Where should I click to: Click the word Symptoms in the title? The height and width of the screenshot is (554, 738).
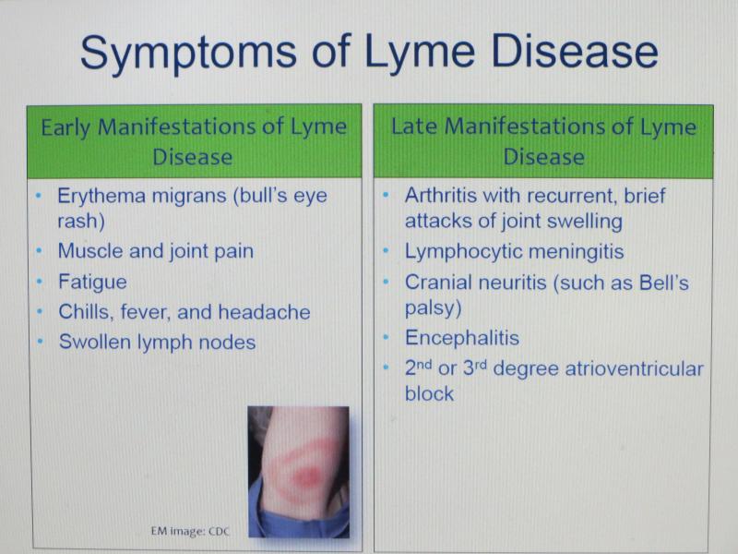coord(189,53)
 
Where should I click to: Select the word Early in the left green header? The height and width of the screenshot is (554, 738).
coord(65,128)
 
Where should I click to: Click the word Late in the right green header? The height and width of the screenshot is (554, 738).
coord(413,126)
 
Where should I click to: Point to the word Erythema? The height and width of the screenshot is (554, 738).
coord(101,197)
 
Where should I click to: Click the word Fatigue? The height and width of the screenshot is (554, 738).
coord(92,283)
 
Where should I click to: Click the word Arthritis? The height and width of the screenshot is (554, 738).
coord(441,195)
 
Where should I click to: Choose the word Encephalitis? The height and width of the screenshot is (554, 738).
coord(462,338)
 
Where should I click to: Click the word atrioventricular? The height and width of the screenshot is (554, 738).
coord(634,368)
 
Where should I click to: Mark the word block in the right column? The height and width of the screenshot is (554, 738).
coord(429,394)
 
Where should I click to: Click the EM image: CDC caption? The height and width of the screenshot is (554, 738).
coord(190,532)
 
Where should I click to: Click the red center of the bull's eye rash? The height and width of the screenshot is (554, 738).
coord(307,476)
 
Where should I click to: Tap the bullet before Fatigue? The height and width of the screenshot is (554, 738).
coord(41,283)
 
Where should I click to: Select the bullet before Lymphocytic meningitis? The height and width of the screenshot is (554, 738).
coord(387,251)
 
